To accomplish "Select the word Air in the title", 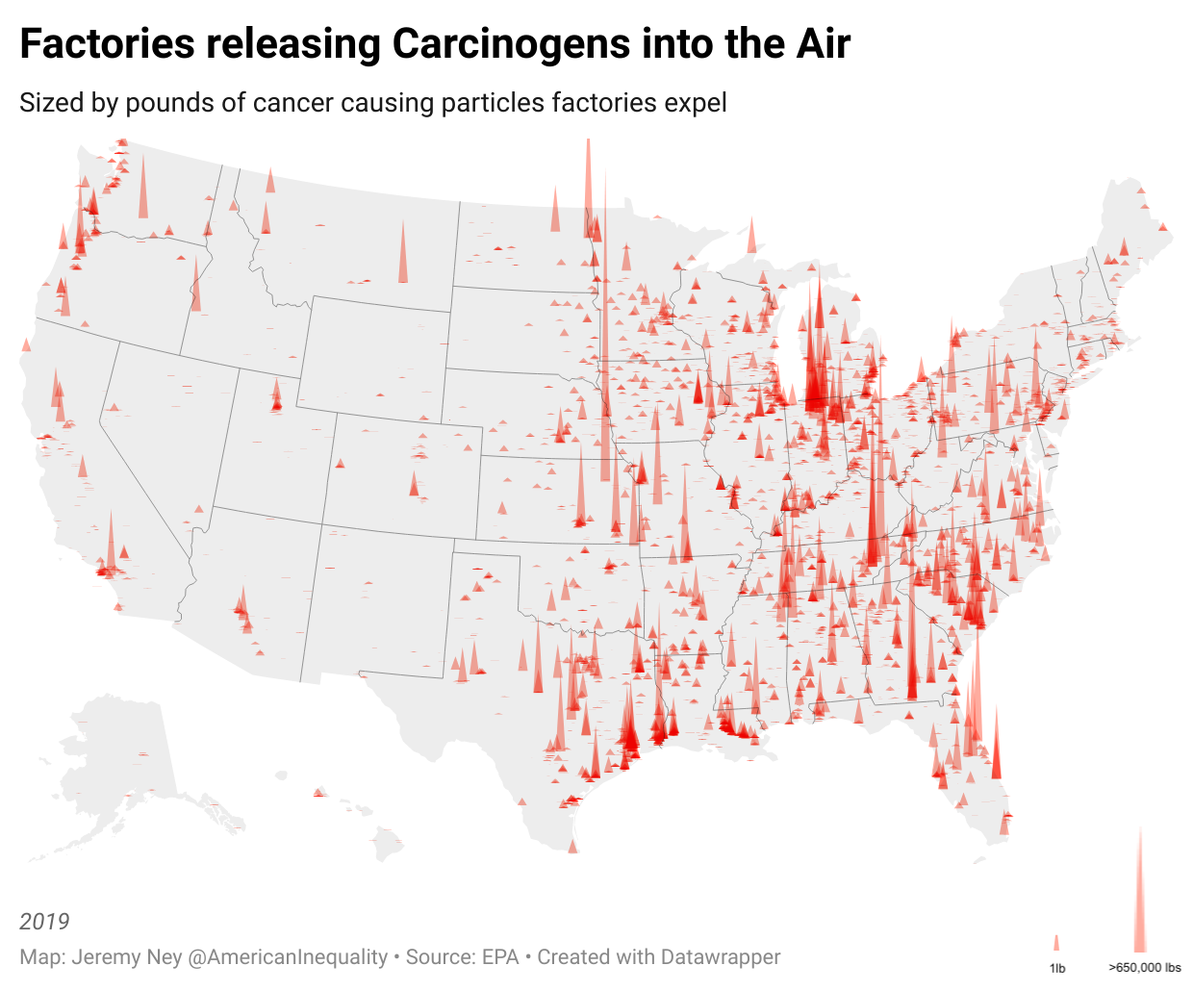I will click(824, 44).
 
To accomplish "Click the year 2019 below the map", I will click(44, 921).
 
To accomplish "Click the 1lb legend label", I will click(1057, 968).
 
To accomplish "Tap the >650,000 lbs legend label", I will click(1145, 968).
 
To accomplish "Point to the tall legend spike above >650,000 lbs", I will click(1140, 895).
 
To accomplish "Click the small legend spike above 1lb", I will click(1056, 944).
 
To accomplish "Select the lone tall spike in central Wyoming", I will click(403, 255).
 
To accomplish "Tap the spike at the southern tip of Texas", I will click(572, 846).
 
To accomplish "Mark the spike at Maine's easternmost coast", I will click(1162, 227).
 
